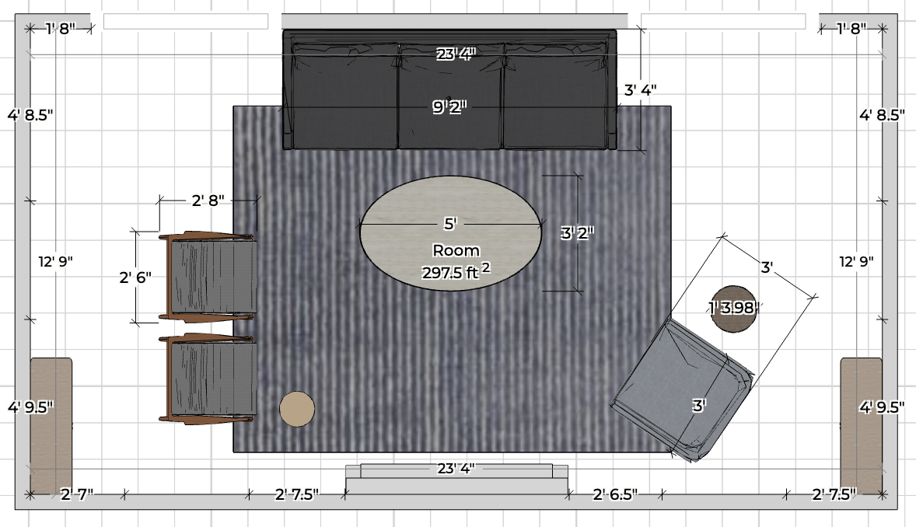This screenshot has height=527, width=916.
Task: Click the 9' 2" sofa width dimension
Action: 449,107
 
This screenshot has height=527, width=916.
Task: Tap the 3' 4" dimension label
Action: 640,90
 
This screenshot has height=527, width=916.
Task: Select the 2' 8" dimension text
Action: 208,201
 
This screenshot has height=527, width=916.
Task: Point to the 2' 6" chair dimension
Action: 135,277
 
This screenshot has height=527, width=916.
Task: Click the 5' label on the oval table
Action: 449,224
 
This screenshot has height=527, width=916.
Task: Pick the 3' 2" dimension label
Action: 577,233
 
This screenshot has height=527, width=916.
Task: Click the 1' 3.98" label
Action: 734,307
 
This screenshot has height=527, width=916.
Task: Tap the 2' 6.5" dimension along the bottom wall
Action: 615,494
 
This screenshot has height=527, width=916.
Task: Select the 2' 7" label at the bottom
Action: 77,494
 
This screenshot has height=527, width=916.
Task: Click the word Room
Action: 456,250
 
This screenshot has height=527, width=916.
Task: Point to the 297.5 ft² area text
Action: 456,271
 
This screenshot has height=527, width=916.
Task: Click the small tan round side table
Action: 297,409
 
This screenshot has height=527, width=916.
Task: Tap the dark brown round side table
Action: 734,309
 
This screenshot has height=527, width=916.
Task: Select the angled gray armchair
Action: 682,390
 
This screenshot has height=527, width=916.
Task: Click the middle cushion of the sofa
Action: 450,96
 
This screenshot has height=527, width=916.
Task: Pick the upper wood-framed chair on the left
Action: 208,277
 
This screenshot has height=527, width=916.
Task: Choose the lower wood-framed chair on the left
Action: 208,379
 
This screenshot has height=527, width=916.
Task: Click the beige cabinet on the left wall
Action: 51,426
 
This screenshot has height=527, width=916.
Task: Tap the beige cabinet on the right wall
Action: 861,426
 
